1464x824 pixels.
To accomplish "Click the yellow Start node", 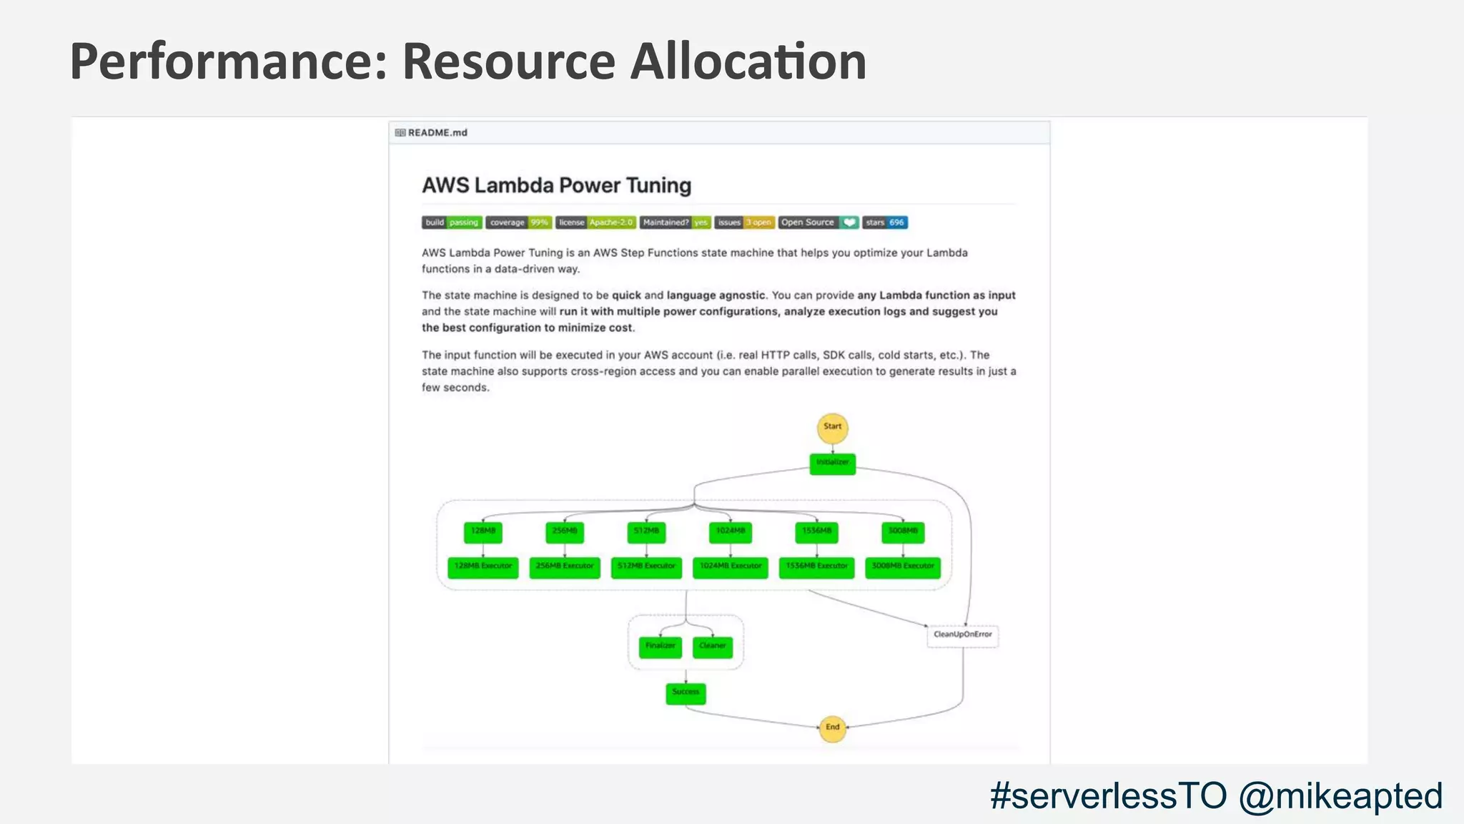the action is (832, 428).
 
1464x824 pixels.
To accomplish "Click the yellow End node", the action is (832, 728).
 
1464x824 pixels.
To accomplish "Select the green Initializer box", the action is (832, 463).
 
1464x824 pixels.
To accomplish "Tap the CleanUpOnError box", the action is (962, 635).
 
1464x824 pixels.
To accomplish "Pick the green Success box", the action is (686, 692).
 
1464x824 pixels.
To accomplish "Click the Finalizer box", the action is (660, 647).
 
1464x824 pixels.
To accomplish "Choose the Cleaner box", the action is (712, 647).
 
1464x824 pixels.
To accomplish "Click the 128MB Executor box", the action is (483, 566).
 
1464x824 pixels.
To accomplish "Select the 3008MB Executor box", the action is (903, 566).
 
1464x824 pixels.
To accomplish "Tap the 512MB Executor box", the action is (646, 566).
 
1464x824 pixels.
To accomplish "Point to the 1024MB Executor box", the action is (730, 566).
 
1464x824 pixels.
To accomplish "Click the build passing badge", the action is (452, 222).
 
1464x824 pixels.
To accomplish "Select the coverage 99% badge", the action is (518, 222).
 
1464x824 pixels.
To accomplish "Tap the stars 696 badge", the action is (885, 222).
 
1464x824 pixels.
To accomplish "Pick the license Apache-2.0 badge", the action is (595, 222).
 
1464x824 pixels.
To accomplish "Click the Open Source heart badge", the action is (818, 222).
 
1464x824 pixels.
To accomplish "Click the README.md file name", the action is (437, 133).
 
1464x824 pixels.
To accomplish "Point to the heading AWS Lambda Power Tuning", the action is (556, 185).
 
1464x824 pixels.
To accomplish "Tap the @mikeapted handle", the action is (1340, 796).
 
